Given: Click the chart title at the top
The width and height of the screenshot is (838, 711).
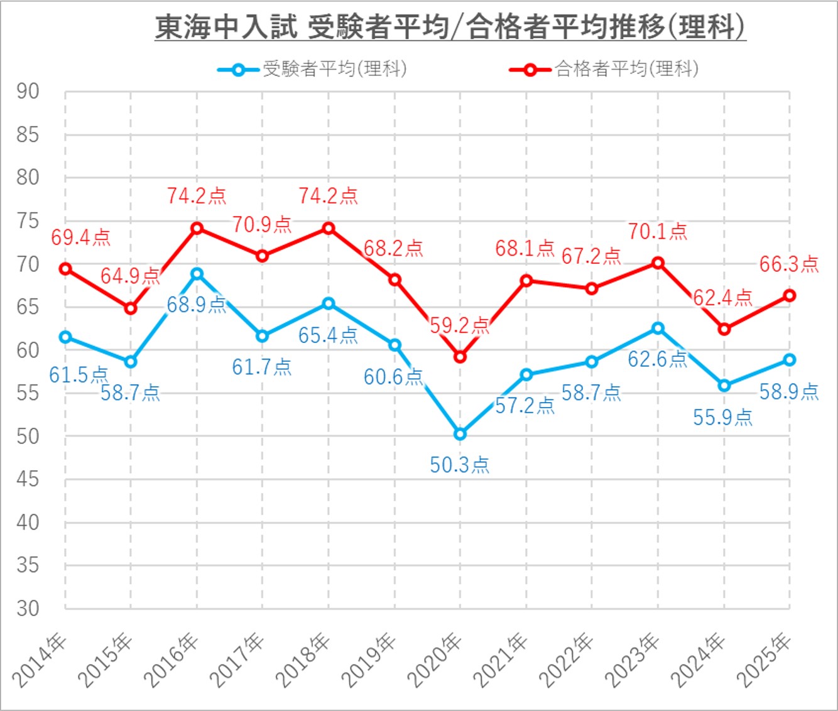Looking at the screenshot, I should pos(450,27).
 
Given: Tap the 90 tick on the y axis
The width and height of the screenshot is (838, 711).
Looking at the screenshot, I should pos(28,92).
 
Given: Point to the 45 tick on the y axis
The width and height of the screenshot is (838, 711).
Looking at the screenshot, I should pos(28,479).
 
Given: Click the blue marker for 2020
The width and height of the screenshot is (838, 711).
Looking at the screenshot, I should pos(460,434).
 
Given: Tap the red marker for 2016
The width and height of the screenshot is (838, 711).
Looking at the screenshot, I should pos(197,228).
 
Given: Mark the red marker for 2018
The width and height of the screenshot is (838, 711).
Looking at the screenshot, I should pos(328,228).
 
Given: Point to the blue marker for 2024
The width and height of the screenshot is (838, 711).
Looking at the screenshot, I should pos(724,386).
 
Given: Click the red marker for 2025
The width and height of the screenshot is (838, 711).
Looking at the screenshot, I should pos(790,296).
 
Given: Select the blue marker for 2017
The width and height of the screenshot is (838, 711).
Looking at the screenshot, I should pos(263,336).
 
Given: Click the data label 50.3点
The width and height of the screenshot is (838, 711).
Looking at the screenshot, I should pos(459,465).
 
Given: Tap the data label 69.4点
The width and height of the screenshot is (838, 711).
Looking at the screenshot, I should pos(80,237).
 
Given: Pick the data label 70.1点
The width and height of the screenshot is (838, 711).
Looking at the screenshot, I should pos(658,232).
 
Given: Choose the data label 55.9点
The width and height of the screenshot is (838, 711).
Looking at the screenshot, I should pos(722,418).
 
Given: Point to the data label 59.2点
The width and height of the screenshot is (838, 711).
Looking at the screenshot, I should pos(459,325).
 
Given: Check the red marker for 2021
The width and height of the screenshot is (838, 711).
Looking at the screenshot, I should pos(526,280).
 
